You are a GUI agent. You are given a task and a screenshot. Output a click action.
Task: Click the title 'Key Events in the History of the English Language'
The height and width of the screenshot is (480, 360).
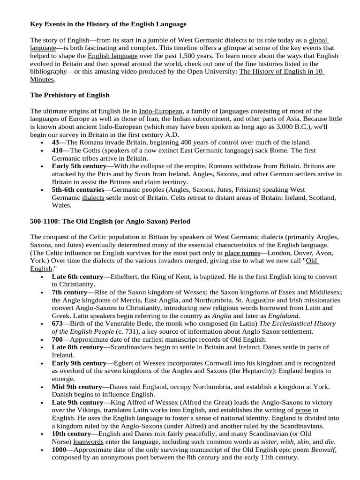tap(108, 23)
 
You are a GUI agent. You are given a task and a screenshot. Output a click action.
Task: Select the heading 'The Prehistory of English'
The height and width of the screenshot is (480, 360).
tap(70, 95)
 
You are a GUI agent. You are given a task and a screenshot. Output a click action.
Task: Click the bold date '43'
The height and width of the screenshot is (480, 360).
tap(55, 142)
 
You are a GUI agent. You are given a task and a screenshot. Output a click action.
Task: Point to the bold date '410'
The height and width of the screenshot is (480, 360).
tap(57, 150)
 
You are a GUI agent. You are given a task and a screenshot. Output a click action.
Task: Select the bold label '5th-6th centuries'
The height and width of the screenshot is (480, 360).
tap(78, 189)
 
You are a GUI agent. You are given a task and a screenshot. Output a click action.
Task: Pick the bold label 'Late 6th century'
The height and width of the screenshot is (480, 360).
tap(76, 277)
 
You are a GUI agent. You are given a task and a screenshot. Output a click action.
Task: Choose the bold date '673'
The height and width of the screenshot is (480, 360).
tap(57, 323)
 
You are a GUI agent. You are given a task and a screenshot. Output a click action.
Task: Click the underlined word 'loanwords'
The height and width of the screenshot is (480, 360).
tap(89, 441)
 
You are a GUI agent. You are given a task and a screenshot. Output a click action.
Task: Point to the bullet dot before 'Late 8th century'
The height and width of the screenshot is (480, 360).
tap(43, 347)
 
